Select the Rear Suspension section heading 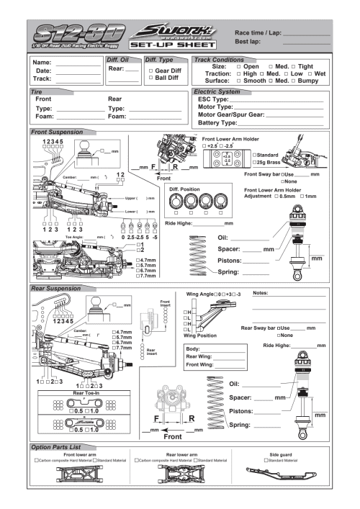click(x=58, y=287)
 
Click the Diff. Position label click(x=186, y=189)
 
